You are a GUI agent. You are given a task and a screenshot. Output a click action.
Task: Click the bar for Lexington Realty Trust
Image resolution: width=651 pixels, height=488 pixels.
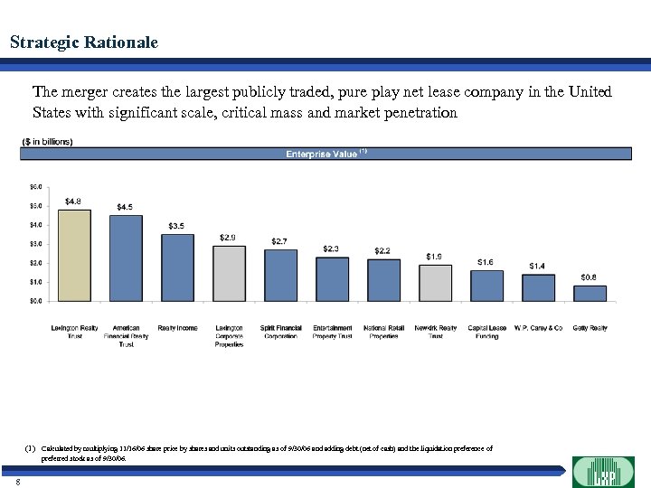(74, 255)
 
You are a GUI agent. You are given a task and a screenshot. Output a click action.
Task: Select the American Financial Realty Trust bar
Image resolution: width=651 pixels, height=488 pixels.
(126, 258)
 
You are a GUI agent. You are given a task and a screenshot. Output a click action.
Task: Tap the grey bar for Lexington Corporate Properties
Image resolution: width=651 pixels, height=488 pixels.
(229, 273)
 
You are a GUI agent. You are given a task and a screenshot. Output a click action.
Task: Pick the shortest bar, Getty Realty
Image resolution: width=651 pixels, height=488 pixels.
(590, 293)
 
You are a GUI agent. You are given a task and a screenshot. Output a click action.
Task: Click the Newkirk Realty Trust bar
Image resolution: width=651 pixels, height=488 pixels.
(435, 282)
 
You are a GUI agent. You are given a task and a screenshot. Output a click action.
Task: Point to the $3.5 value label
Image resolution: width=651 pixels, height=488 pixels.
(178, 225)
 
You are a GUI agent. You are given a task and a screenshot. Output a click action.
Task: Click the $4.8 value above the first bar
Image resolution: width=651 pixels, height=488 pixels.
(74, 201)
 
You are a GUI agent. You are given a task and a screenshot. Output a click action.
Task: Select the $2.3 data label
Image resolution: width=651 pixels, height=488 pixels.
(332, 249)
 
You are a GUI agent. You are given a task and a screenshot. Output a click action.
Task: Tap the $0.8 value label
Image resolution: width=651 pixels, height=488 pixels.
(589, 277)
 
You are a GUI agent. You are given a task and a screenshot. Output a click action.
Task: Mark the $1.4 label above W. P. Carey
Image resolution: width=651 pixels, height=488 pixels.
(537, 266)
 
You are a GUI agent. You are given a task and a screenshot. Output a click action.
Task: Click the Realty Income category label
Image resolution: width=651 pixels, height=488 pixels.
(177, 328)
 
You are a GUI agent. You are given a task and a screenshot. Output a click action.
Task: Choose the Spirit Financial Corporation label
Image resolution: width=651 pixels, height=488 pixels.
(280, 332)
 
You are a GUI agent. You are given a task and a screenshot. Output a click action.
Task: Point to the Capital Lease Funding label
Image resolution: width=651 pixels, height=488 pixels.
(486, 332)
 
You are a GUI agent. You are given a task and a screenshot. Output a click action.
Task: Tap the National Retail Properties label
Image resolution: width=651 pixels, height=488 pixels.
(383, 332)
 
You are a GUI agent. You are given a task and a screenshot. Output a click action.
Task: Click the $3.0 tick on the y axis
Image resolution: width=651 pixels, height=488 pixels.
(36, 244)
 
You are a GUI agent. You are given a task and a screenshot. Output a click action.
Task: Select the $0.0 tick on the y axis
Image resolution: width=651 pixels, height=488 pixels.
(36, 301)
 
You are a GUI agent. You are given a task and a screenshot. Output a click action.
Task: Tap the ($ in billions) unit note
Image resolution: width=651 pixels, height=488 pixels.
(48, 141)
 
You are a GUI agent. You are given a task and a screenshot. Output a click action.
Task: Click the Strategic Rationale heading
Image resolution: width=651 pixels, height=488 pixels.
(83, 42)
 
